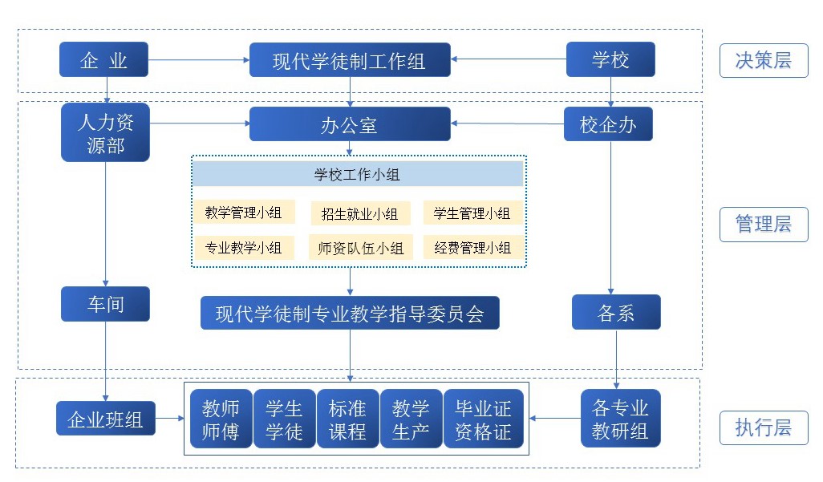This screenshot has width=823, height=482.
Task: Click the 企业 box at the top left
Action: coord(103,59)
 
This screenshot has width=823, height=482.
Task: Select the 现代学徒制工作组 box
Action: coord(349,60)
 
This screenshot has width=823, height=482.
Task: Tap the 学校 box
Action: coord(610,59)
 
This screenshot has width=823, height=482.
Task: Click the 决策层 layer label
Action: coord(763,60)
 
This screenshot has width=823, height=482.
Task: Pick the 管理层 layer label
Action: coord(763,224)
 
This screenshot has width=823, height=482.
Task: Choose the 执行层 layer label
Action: coord(763,427)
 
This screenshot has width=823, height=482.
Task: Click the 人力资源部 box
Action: coord(105,133)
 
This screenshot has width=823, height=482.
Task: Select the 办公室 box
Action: coord(349,124)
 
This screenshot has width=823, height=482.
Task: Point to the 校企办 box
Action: coord(609,124)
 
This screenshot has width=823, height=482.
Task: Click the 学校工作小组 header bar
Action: coord(357,173)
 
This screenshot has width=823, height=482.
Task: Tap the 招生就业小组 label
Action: coord(359,213)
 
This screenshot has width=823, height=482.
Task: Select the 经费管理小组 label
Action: coord(472,248)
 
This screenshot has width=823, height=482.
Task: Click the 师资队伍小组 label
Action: coord(360,248)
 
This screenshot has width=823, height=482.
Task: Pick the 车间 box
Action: coord(105,304)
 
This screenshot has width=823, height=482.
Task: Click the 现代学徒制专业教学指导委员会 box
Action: coord(350,313)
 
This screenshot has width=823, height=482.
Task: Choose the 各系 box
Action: coord(616,313)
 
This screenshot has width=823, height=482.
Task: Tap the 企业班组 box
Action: coord(105,419)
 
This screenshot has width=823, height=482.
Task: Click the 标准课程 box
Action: coord(347,419)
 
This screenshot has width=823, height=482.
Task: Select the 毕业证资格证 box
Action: coord(483,419)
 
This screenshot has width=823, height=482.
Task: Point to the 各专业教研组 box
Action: coord(620,419)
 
